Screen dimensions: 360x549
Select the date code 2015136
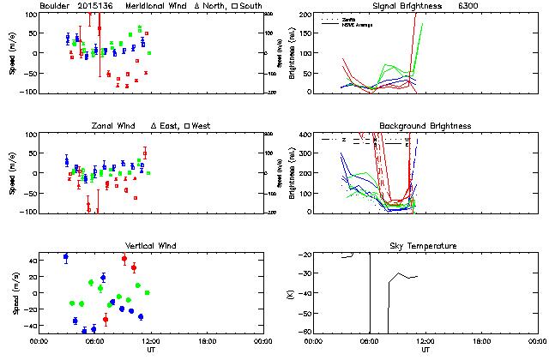(97, 6)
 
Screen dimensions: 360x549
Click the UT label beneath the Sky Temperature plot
(425, 350)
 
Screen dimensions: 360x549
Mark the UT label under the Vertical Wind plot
(151, 350)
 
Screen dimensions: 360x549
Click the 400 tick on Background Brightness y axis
(305, 135)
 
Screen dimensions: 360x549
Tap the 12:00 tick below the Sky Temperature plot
(425, 340)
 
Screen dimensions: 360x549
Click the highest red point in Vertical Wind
(124, 258)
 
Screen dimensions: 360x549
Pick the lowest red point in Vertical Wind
(106, 320)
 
